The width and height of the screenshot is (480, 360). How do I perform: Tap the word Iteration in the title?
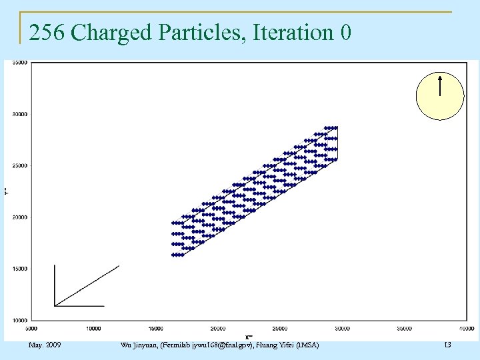[289, 32]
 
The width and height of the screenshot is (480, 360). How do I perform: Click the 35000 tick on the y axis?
[20, 63]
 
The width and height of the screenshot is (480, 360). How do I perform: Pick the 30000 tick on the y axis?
[20, 114]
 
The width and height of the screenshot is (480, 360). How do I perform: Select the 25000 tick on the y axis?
[20, 165]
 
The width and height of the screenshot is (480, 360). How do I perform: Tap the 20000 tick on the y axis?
[20, 217]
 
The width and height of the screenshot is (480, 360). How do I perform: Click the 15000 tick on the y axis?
[20, 269]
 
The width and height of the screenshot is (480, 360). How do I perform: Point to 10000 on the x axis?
[93, 328]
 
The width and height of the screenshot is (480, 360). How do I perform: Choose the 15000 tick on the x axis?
[155, 328]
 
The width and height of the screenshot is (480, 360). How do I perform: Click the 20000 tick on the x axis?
[218, 328]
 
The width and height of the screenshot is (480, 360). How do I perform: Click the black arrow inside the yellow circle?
[440, 86]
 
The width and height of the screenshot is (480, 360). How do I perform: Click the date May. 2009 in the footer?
[45, 345]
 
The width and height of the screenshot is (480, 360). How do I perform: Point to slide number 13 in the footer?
[447, 345]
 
